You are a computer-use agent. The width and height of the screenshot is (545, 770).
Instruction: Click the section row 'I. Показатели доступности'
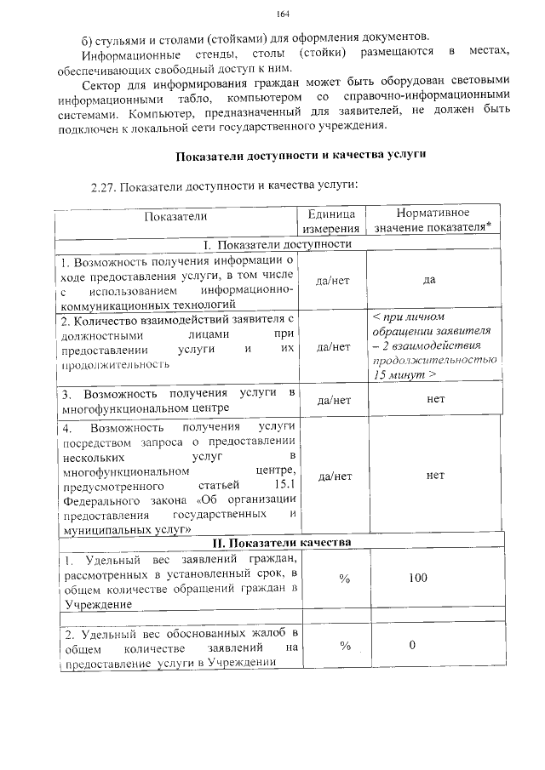click(x=278, y=245)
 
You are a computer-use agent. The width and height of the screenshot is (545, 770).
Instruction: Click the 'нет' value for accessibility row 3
click(x=435, y=397)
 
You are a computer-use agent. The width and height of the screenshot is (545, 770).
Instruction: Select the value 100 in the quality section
click(x=417, y=578)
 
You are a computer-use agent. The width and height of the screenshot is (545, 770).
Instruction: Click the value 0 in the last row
click(x=411, y=644)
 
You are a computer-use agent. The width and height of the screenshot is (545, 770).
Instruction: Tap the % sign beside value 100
click(x=344, y=578)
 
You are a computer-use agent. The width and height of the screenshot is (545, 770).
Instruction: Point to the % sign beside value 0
click(x=344, y=645)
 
